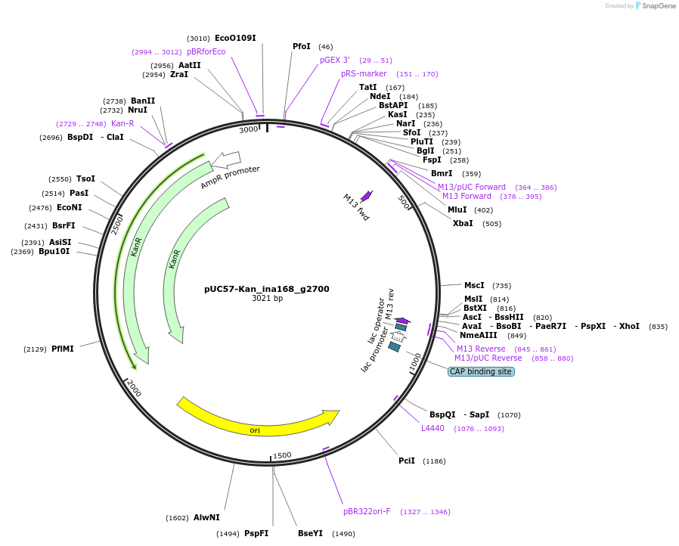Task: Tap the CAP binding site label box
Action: point(481,371)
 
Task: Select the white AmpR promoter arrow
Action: point(226,160)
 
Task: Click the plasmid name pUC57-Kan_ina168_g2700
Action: point(267,289)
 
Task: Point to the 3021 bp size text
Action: point(267,299)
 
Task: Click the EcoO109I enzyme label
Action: point(235,38)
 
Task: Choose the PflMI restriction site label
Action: point(62,349)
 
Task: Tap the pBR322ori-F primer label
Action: point(367,511)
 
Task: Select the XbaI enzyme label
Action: point(463,223)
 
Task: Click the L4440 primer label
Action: point(433,428)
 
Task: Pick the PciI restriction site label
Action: point(407,461)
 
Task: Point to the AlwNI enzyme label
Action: point(206,517)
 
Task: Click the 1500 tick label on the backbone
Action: point(282,455)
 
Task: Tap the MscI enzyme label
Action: point(474,285)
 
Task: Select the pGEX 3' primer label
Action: point(334,60)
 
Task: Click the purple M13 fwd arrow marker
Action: point(367,196)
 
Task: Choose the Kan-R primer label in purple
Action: point(122,123)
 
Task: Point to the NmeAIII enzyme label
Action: point(479,335)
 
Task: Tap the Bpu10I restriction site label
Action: point(54,251)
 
